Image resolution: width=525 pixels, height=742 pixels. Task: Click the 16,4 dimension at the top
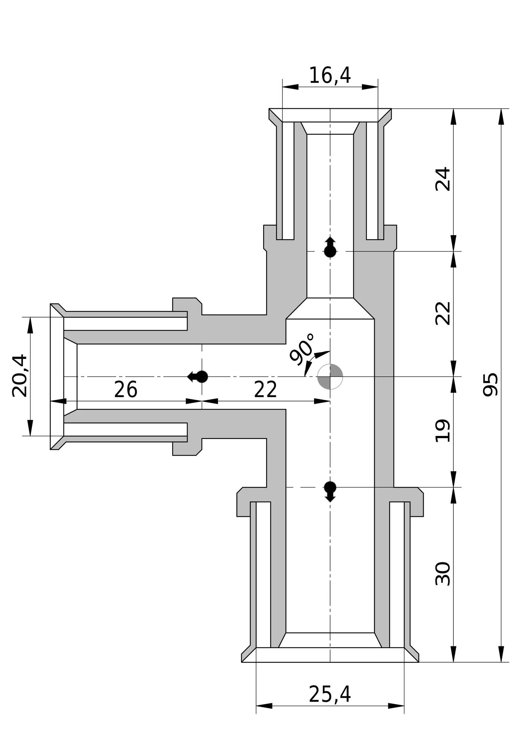330,75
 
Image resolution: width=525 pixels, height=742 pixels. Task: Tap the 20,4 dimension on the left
20,376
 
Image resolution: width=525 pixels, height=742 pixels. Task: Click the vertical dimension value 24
443,180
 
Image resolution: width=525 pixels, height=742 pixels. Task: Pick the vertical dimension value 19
443,431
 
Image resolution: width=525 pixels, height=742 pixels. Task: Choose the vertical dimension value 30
443,574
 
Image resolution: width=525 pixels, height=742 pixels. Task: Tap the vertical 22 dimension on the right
443,313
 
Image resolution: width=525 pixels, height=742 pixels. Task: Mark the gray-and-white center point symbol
330,377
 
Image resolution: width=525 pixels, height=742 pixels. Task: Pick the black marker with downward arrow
330,492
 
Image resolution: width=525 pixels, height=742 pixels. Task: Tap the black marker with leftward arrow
198,377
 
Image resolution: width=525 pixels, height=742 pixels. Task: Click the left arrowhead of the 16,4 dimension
290,87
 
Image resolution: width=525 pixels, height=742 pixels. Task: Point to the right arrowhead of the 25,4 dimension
396,706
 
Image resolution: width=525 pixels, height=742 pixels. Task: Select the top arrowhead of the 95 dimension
501,116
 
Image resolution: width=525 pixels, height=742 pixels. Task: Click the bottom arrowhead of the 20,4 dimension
30,428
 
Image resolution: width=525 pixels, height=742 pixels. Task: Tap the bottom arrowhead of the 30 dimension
453,654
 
